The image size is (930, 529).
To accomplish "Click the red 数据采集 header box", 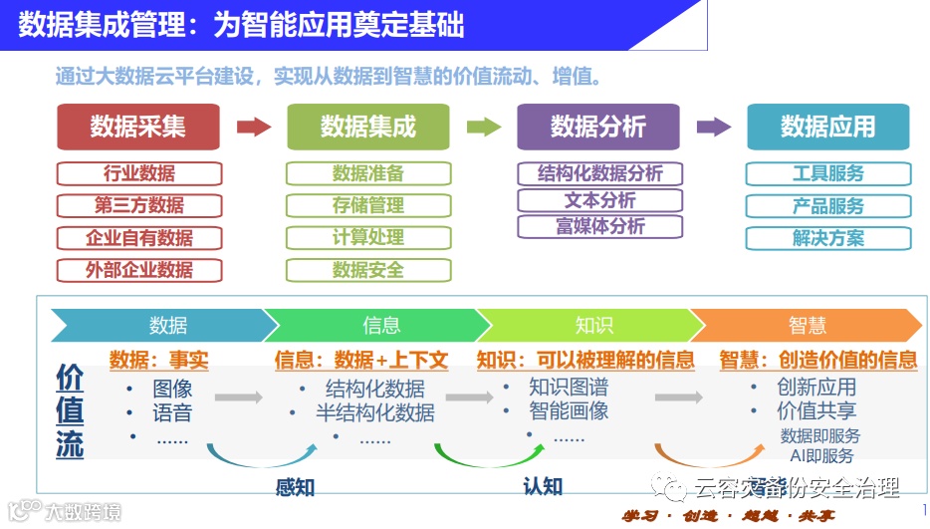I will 137,127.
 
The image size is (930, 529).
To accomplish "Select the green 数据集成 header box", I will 368,127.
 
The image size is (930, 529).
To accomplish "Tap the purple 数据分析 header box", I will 598,127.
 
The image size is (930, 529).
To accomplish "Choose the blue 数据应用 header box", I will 827,127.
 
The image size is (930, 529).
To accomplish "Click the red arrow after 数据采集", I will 254,127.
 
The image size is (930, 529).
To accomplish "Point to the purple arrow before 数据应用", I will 714,127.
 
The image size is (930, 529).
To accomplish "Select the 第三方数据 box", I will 138,205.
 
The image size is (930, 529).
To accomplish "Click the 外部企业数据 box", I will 138,270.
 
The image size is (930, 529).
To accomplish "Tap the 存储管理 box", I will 368,205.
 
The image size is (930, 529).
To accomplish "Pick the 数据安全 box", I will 368,270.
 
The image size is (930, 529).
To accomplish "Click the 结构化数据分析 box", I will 599,173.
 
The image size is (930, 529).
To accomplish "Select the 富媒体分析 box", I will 599,226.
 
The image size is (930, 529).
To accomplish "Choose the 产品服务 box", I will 827,206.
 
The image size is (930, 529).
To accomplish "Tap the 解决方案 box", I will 827,238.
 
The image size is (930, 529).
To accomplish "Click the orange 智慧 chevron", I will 807,325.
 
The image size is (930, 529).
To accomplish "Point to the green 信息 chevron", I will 380,325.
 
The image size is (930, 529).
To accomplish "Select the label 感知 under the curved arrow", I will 296,486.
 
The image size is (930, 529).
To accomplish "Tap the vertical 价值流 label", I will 70,410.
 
